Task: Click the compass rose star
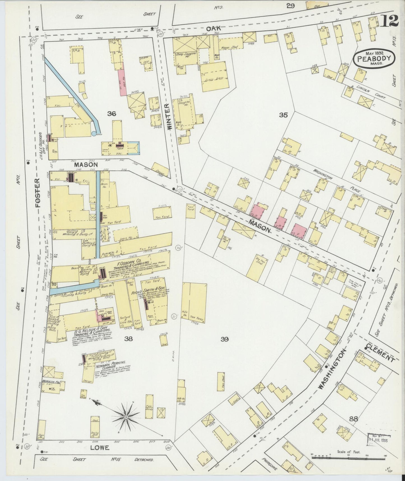126,417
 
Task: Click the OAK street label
214,28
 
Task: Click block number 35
283,115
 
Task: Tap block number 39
225,339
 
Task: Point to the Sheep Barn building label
214,79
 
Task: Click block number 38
128,339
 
